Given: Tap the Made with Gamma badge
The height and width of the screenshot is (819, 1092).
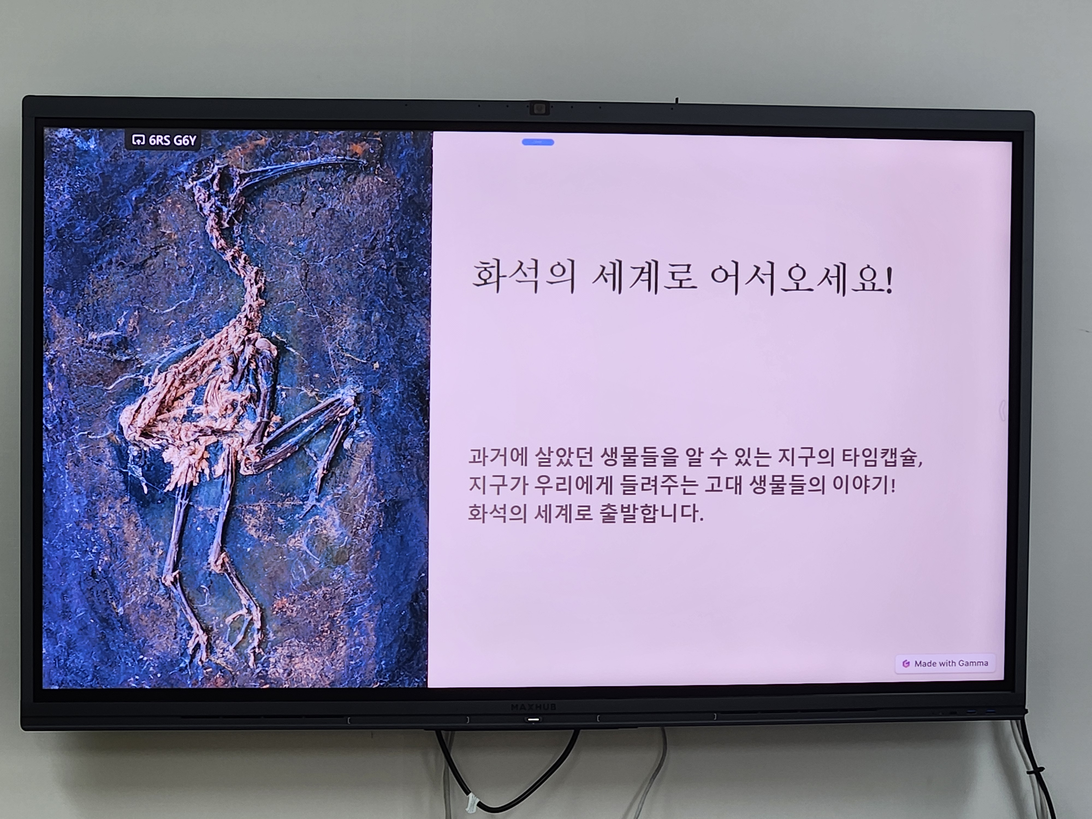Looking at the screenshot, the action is pyautogui.click(x=945, y=663).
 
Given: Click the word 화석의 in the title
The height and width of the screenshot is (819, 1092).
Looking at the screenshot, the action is pyautogui.click(x=524, y=277).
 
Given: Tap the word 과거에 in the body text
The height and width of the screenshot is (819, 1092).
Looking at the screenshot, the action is pyautogui.click(x=500, y=457).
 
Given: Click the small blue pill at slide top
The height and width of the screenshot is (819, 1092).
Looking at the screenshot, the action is pyautogui.click(x=538, y=142).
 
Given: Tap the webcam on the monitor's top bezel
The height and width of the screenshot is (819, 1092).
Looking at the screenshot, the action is pyautogui.click(x=539, y=108).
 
